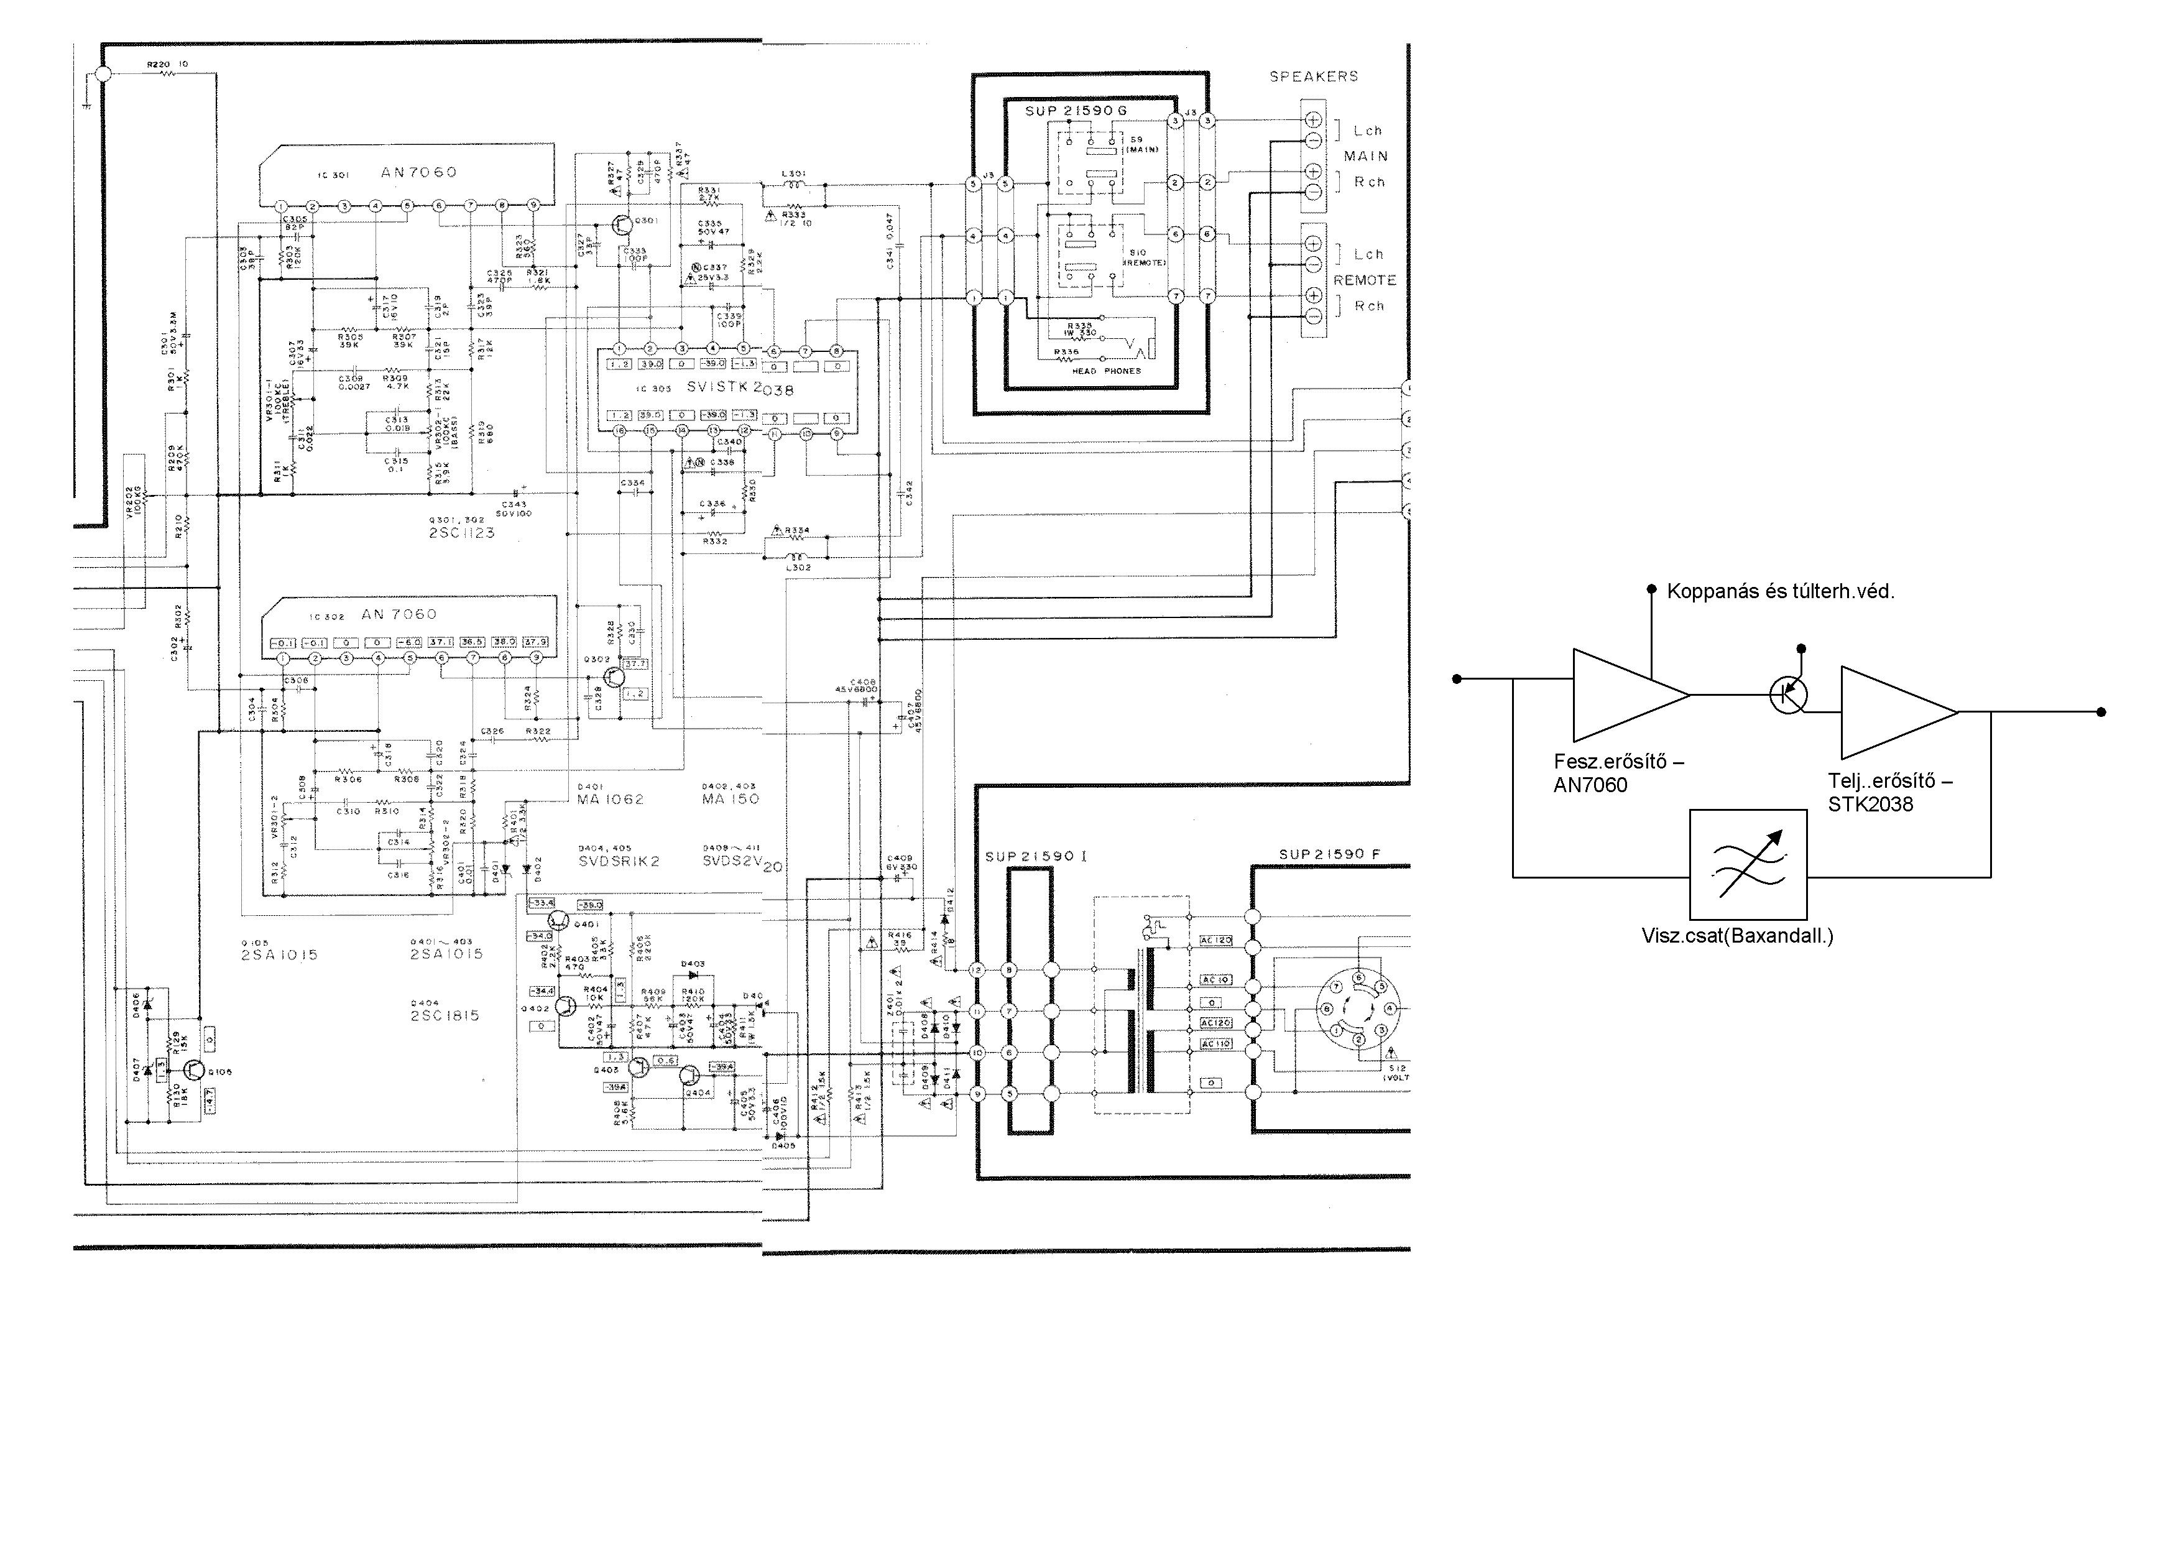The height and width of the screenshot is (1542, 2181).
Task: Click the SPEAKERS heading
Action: click(x=1314, y=76)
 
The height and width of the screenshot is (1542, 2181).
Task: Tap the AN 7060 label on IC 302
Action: click(x=400, y=615)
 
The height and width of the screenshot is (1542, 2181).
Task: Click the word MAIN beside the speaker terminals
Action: click(x=1365, y=156)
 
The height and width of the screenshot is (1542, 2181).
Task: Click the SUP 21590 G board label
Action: click(x=1076, y=111)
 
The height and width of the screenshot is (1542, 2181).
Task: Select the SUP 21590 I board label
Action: click(x=1035, y=856)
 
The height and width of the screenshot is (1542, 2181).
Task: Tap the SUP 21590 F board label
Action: click(x=1329, y=854)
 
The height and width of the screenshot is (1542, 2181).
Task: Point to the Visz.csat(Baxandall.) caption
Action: click(x=1737, y=936)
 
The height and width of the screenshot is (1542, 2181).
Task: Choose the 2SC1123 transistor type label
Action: click(x=462, y=533)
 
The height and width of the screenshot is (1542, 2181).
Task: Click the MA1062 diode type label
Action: click(x=610, y=799)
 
